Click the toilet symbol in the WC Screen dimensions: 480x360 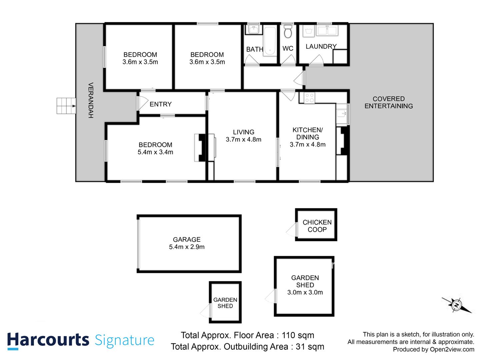tap(288, 31)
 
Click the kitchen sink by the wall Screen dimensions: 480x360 tap(341, 114)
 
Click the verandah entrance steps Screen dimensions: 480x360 tap(66, 106)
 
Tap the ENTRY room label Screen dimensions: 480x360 tap(161, 104)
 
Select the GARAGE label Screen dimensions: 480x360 tap(187, 239)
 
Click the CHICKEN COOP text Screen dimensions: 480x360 tap(317, 226)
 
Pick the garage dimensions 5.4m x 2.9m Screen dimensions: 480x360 tap(187, 247)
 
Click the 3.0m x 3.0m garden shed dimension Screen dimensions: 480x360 tap(305, 292)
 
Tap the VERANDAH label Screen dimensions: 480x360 tap(91, 100)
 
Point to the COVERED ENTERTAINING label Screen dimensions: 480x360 tap(389, 102)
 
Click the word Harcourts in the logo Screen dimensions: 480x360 tap(48, 340)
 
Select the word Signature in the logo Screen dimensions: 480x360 tap(125, 340)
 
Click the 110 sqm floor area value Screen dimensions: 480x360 tap(298, 335)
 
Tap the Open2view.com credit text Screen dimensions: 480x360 tap(452, 349)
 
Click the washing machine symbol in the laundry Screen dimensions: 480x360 tap(309, 31)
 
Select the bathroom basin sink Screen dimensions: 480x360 tap(254, 29)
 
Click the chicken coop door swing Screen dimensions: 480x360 tap(291, 229)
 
